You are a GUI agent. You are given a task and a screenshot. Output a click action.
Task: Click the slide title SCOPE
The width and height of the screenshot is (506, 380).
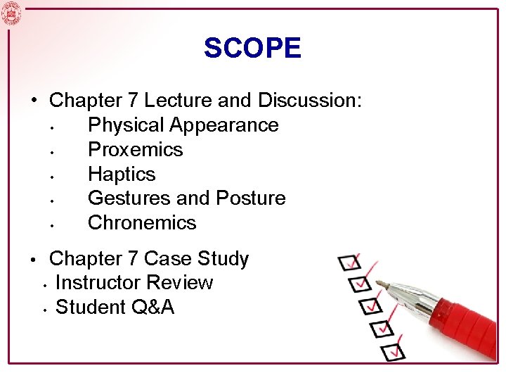[252, 48]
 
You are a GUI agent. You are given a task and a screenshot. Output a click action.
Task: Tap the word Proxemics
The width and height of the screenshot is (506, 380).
[135, 149]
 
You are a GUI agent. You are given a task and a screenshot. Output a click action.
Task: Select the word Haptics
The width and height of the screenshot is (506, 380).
[122, 174]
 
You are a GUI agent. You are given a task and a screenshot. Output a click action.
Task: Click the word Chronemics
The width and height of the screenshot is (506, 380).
[142, 223]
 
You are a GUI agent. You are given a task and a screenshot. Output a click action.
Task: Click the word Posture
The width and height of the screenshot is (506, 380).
[251, 198]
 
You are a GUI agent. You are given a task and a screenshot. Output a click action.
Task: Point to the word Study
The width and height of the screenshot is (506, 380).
[222, 259]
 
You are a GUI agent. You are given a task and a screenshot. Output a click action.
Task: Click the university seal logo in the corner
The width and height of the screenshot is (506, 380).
[11, 12]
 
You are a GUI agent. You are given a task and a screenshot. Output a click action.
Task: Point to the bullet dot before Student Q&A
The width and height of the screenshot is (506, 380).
[44, 309]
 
